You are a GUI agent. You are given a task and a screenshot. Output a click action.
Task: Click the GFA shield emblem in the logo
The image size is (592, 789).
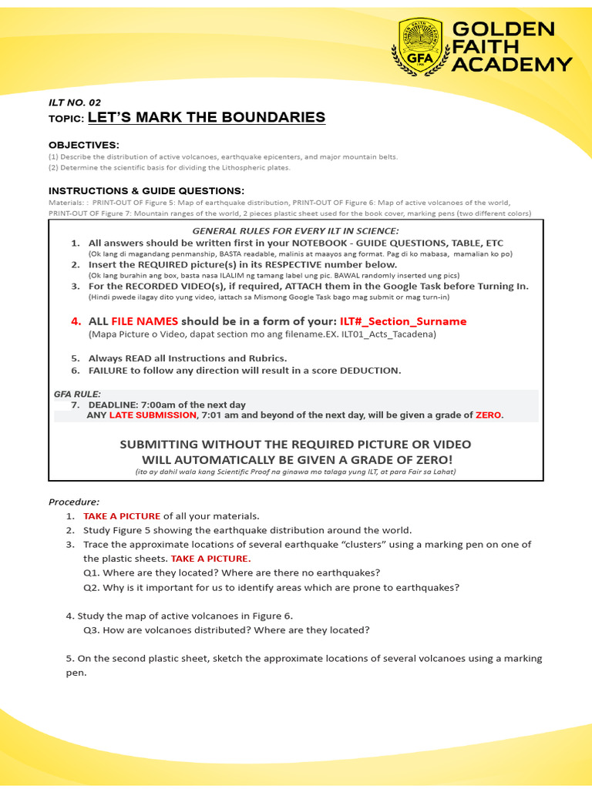420,47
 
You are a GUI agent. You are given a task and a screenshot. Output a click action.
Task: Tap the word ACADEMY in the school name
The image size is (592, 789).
511,64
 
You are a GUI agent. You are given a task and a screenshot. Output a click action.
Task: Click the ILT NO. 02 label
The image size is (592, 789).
75,102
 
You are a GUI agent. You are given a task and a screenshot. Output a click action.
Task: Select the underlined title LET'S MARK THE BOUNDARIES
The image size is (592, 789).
206,117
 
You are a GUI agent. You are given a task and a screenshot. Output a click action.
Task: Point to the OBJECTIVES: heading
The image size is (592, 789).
84,145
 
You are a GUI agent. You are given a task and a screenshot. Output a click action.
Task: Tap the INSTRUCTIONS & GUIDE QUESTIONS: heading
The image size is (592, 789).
146,190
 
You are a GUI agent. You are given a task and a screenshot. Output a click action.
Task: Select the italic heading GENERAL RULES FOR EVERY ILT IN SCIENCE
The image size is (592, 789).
295,230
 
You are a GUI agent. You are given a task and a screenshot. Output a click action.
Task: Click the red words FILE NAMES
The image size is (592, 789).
144,321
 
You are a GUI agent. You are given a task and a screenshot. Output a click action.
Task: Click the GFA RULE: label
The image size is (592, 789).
77,394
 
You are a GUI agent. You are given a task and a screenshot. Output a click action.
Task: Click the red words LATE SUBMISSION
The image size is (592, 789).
153,415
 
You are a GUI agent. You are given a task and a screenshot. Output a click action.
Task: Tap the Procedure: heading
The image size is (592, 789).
74,502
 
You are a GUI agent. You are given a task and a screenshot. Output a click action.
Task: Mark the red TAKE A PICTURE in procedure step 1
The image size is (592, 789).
122,515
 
